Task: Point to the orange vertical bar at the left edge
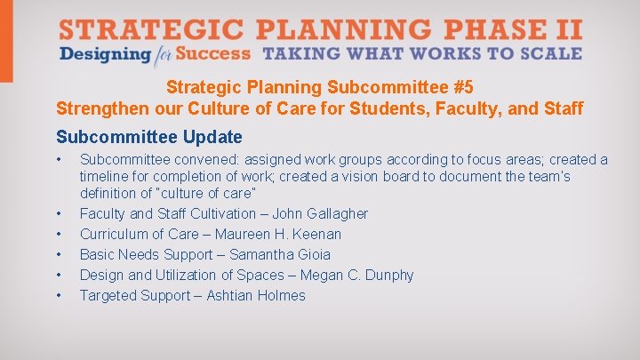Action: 6,40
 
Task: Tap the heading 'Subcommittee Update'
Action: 148,137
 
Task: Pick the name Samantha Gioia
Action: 286,254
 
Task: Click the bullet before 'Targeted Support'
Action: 58,295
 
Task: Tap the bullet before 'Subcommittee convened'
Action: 58,160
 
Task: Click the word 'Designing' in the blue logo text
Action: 105,54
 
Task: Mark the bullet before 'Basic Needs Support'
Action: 58,254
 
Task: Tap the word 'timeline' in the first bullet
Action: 106,176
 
